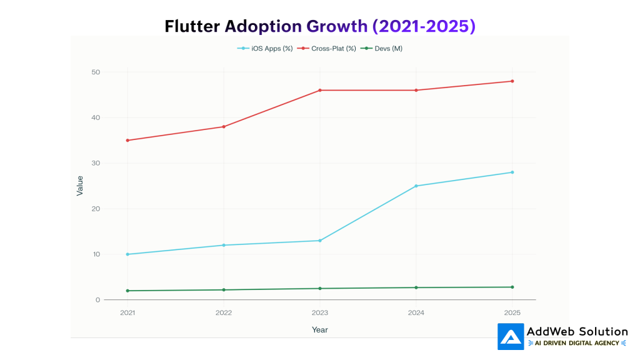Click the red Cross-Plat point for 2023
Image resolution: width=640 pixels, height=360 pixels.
pyautogui.click(x=320, y=90)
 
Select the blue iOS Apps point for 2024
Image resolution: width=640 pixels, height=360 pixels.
pyautogui.click(x=416, y=186)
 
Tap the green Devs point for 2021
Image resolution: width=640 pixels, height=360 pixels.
pyautogui.click(x=127, y=291)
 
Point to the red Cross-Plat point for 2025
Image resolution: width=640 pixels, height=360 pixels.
pyautogui.click(x=512, y=81)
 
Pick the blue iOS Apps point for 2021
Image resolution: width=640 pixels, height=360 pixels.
pyautogui.click(x=127, y=254)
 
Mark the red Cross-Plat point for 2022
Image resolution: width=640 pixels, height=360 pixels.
pyautogui.click(x=224, y=127)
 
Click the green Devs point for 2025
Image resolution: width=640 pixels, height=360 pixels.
pyautogui.click(x=512, y=287)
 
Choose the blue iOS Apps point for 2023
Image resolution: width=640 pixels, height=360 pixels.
pyautogui.click(x=320, y=241)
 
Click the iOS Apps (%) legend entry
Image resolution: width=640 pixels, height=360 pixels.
pyautogui.click(x=265, y=48)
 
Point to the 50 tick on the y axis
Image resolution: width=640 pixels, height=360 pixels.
pyautogui.click(x=96, y=72)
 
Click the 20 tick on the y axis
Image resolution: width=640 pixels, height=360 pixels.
pyautogui.click(x=96, y=209)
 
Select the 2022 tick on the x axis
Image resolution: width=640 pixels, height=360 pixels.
pyautogui.click(x=224, y=311)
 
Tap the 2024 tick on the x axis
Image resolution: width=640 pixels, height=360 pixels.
pyautogui.click(x=416, y=311)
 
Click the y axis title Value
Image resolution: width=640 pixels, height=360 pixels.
pyautogui.click(x=80, y=186)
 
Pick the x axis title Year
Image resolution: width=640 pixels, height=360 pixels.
pyautogui.click(x=320, y=329)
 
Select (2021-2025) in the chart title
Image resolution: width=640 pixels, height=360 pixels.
pyautogui.click(x=424, y=26)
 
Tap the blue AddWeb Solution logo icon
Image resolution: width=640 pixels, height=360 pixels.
pyautogui.click(x=511, y=336)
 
